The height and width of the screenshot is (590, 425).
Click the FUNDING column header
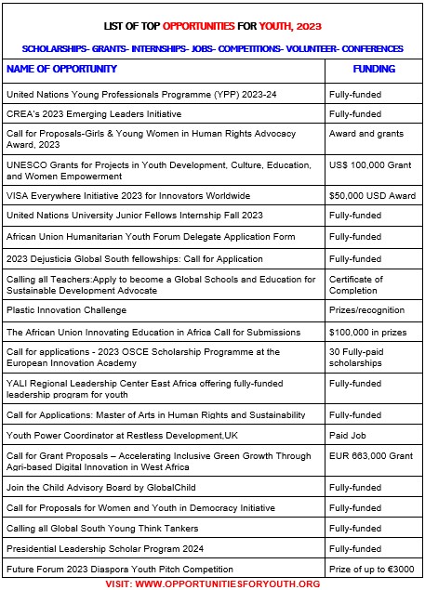[x=374, y=69]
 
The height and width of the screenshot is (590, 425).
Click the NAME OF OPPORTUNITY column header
[x=61, y=69]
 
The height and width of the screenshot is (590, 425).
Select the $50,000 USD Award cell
[x=372, y=196]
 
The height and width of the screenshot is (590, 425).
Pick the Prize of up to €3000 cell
[x=372, y=569]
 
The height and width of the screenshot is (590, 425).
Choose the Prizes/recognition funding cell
[x=366, y=309]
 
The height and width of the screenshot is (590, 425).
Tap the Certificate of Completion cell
[x=356, y=284]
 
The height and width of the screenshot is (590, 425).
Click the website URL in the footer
[x=228, y=583]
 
